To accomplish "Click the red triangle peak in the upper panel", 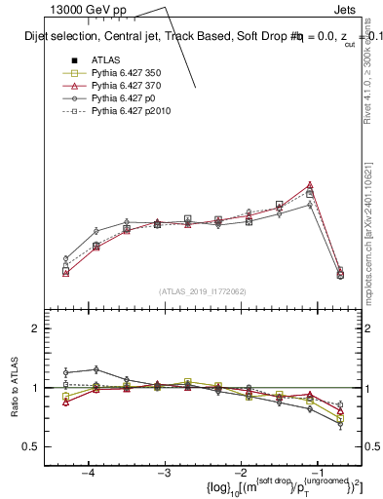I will tap(310, 184).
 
